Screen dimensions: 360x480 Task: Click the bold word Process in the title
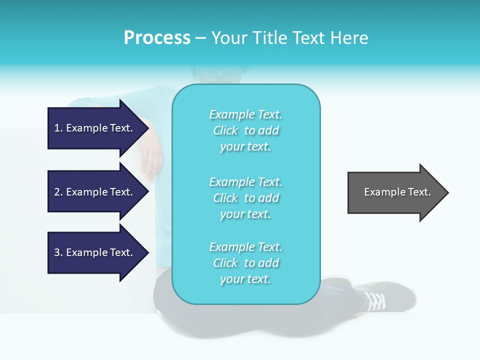(x=157, y=38)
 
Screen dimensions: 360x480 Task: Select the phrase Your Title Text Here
(x=289, y=38)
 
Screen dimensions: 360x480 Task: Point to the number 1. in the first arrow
(x=58, y=128)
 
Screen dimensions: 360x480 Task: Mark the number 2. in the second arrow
(x=58, y=192)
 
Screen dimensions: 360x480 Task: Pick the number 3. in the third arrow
(x=58, y=252)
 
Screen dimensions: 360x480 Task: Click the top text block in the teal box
(x=245, y=130)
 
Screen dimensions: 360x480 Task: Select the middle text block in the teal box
(x=245, y=198)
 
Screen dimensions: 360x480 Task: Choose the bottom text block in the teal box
(x=245, y=263)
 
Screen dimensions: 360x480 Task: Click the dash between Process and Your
(x=200, y=38)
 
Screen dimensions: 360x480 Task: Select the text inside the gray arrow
(x=397, y=192)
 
